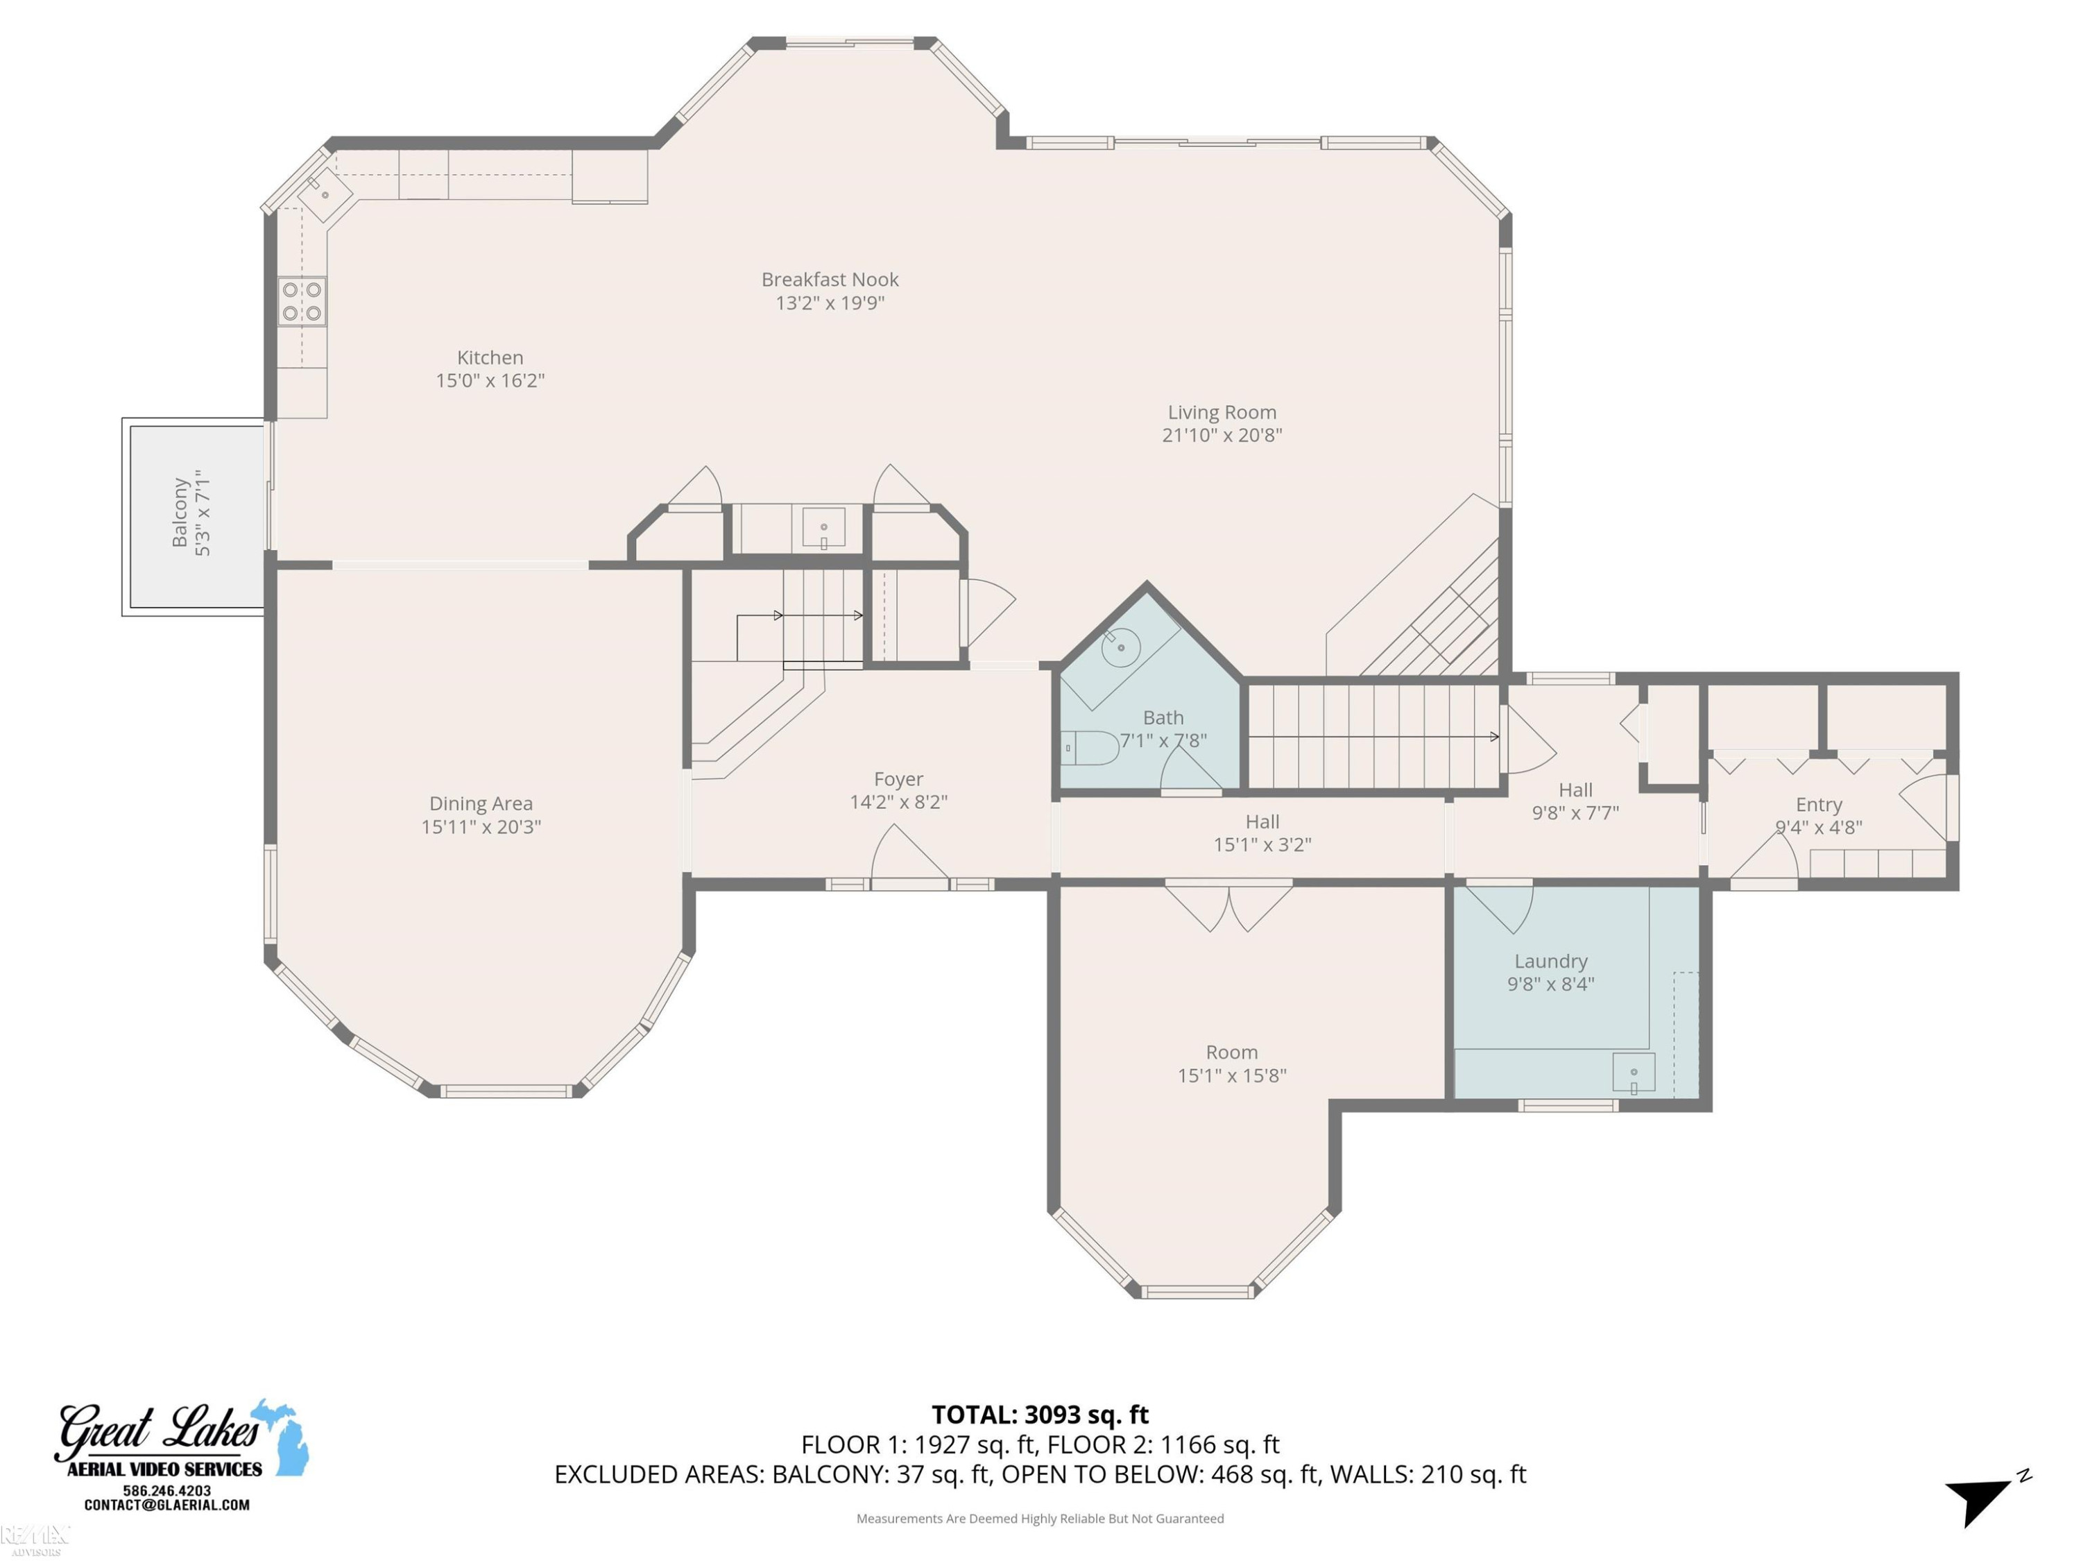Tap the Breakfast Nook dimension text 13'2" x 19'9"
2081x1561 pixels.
[x=830, y=303]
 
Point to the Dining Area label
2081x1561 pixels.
[x=481, y=803]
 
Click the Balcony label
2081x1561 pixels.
[x=180, y=512]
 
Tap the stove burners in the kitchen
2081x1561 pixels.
[x=302, y=301]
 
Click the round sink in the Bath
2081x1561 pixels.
[x=1120, y=647]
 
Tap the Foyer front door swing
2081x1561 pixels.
[x=909, y=855]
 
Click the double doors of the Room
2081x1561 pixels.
[x=1228, y=907]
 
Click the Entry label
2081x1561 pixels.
[x=1819, y=805]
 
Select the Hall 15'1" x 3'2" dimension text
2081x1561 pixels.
[x=1262, y=845]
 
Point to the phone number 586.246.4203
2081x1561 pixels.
[x=166, y=1490]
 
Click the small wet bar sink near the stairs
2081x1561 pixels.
[x=823, y=529]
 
